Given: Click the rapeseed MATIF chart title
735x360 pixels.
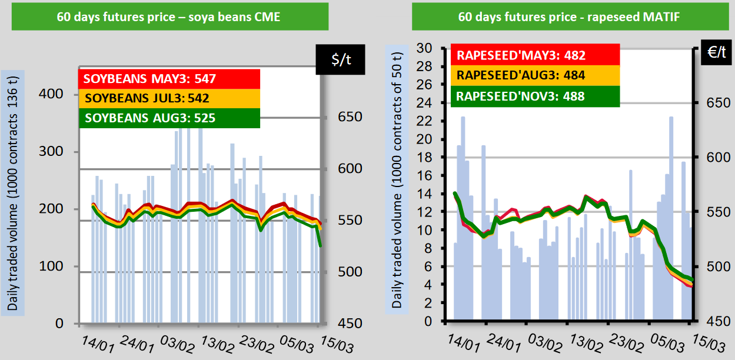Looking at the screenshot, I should pyautogui.click(x=569, y=17).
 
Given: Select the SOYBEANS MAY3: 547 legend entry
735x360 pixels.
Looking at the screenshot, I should pyautogui.click(x=150, y=79).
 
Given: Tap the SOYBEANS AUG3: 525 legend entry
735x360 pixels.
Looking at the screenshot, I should pyautogui.click(x=150, y=118).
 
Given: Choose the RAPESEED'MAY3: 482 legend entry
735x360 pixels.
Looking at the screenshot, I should pyautogui.click(x=521, y=56).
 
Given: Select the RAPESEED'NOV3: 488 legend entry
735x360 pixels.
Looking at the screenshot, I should pyautogui.click(x=521, y=95).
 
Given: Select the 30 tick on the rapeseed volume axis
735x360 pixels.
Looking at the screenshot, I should pyautogui.click(x=424, y=48).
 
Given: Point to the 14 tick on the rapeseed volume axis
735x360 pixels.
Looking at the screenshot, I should pyautogui.click(x=424, y=194).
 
